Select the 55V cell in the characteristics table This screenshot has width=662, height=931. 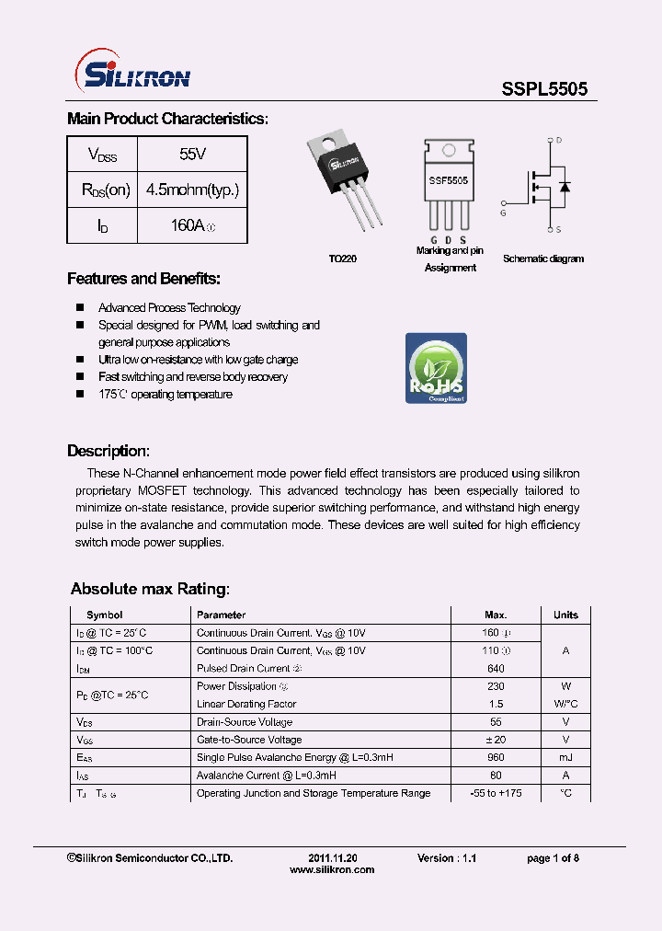pyautogui.click(x=192, y=154)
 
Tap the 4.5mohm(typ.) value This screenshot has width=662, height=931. pyautogui.click(x=192, y=190)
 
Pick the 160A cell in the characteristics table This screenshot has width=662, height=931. pyautogui.click(x=192, y=225)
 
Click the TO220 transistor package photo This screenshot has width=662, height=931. pyautogui.click(x=346, y=178)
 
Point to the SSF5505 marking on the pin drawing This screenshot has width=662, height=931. pyautogui.click(x=448, y=181)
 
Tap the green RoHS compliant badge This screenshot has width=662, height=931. pyautogui.click(x=436, y=368)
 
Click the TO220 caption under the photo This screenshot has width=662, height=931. pyautogui.click(x=342, y=259)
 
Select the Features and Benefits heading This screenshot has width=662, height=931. pyautogui.click(x=143, y=279)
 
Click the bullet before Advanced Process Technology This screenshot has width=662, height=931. pyautogui.click(x=79, y=308)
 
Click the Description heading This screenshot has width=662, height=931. pyautogui.click(x=108, y=451)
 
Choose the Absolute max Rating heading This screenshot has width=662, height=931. pyautogui.click(x=150, y=589)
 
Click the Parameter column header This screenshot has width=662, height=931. pyautogui.click(x=221, y=615)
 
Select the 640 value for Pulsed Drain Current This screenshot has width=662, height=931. pyautogui.click(x=496, y=668)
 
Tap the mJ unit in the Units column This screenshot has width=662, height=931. pyautogui.click(x=565, y=757)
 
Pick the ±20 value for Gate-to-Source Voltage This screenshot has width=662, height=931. pyautogui.click(x=496, y=740)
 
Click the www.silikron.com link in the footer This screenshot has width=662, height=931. pyautogui.click(x=332, y=869)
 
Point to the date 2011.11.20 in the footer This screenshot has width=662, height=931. pyautogui.click(x=332, y=857)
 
